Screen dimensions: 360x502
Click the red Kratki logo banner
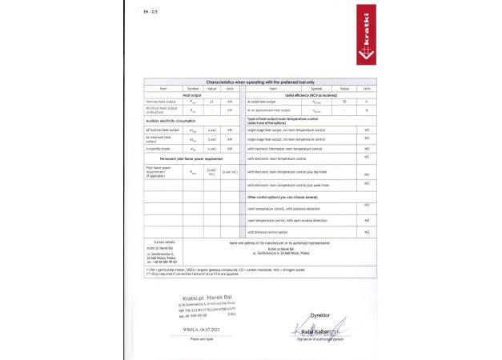coord(363,40)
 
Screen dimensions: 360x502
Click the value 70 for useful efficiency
coord(343,102)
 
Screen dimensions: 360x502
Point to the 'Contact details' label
coord(164,241)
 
